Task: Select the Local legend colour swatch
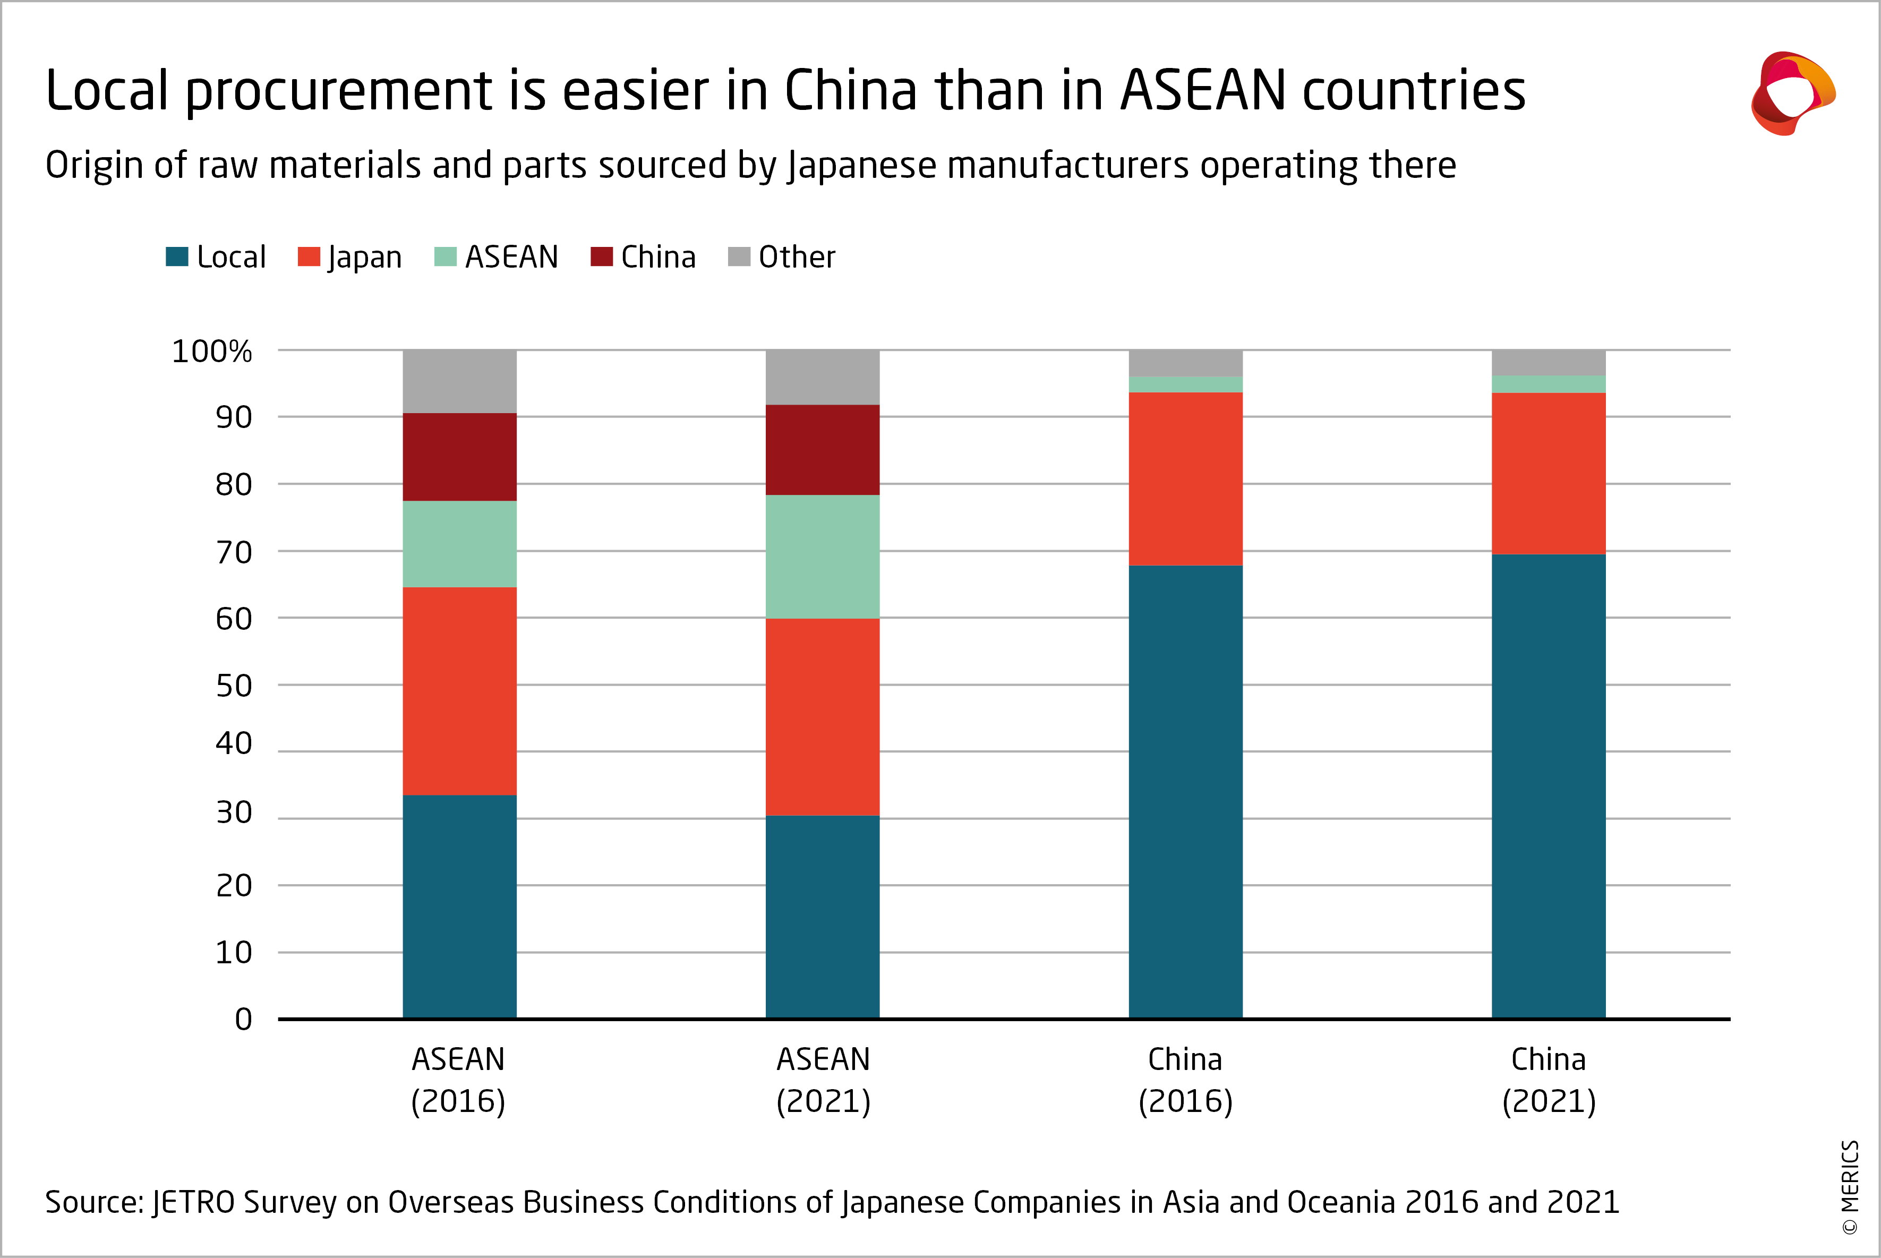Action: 176,256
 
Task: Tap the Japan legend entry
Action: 350,256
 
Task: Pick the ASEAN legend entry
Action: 495,256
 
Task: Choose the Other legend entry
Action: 781,256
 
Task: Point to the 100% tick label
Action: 212,352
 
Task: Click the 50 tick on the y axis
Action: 234,686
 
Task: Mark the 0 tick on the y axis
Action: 243,1020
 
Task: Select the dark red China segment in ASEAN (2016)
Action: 459,457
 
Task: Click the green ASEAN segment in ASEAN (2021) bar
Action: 822,557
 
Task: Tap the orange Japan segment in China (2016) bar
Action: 1185,479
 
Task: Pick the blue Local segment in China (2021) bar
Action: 1548,786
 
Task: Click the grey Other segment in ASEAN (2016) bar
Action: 459,381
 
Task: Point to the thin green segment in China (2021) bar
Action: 1548,384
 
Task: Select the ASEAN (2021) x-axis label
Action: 823,1080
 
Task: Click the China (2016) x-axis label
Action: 1185,1080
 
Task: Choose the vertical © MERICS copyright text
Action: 1850,1187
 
